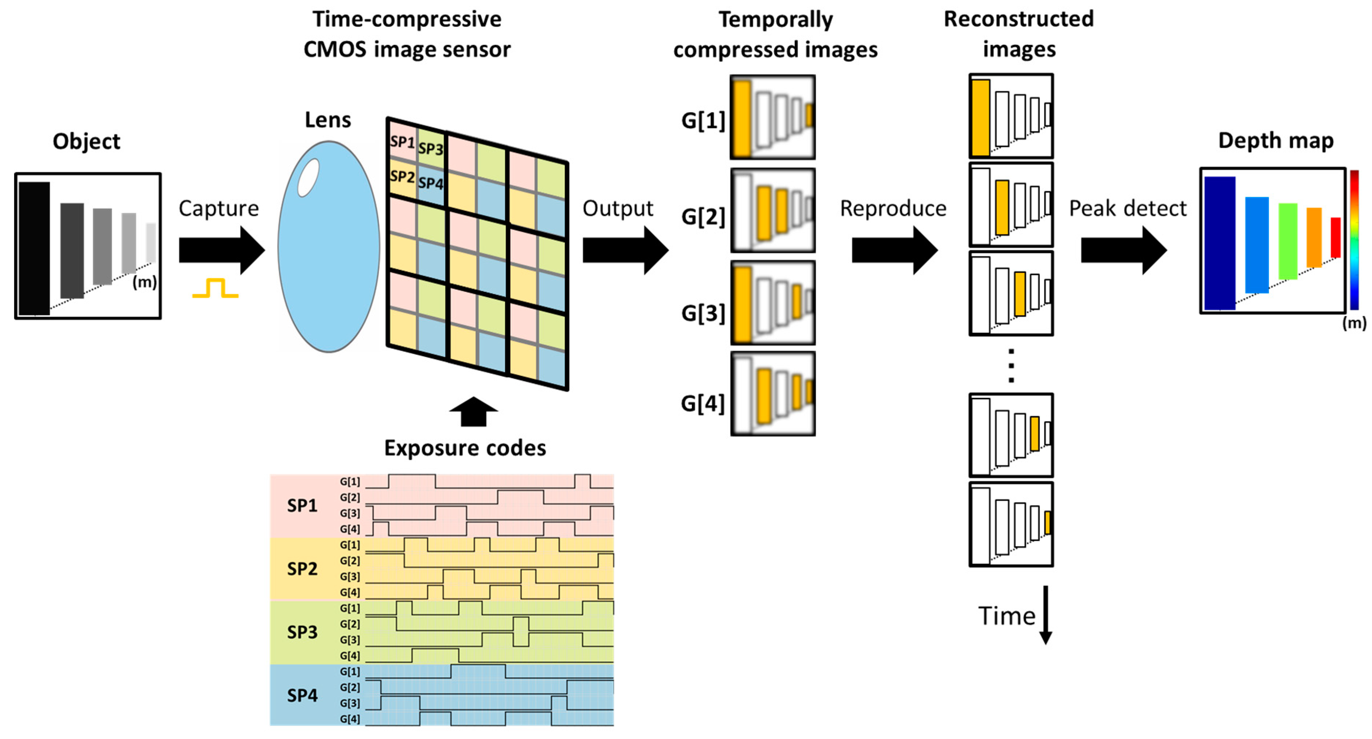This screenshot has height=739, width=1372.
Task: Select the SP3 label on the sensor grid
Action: point(430,149)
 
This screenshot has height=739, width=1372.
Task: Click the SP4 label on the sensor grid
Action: point(430,183)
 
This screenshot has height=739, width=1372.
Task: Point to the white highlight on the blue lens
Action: point(309,178)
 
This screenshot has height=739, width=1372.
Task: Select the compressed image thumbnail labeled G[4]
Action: point(772,394)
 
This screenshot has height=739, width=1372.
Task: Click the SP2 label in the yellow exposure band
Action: point(302,569)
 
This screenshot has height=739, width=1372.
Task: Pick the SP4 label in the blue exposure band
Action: point(302,695)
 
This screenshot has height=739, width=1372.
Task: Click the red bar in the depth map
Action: point(1335,237)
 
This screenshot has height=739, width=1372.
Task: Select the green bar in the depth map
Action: point(1287,241)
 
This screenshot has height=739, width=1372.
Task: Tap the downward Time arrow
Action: point(1046,615)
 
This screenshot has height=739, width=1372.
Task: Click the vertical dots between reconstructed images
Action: point(1011,366)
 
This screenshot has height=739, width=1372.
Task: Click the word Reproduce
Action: point(893,208)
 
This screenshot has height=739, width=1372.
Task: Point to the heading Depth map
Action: point(1276,141)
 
